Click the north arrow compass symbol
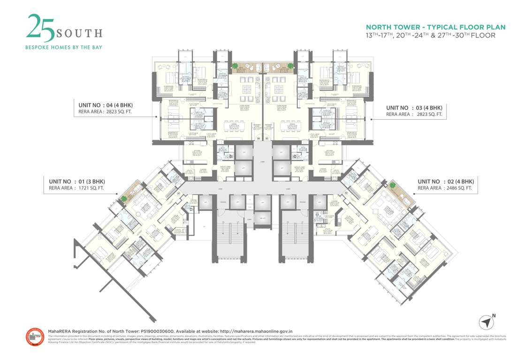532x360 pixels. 486,322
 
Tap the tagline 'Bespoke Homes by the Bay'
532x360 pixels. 63,47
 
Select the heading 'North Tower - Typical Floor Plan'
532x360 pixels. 435,27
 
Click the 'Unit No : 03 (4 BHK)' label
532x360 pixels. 414,107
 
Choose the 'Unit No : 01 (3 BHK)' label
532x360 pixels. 77,181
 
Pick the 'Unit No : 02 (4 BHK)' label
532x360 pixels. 446,181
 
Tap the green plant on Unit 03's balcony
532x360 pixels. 290,66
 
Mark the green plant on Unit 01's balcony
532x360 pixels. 124,199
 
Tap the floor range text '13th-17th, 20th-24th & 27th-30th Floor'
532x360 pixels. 430,35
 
